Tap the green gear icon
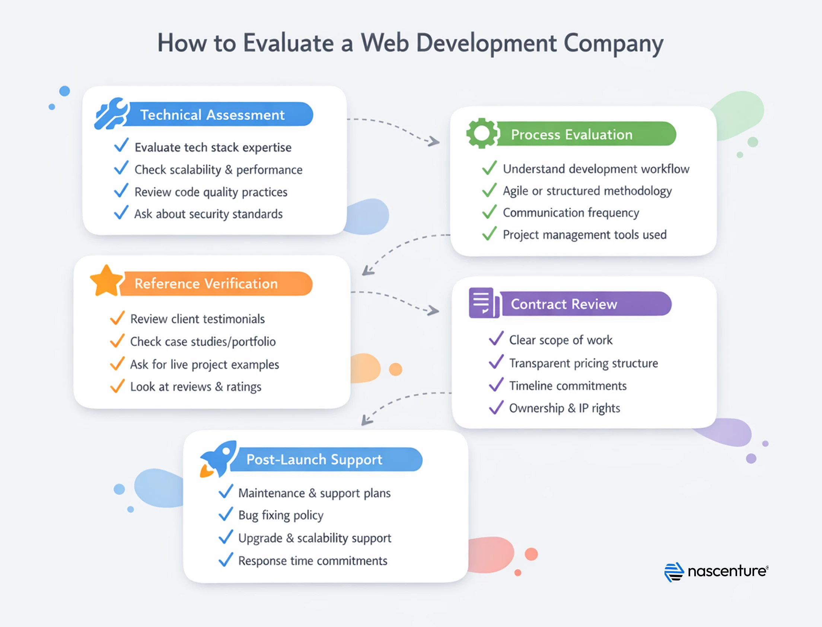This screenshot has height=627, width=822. [481, 133]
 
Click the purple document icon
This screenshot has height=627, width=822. [483, 303]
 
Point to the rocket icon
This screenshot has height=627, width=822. [219, 459]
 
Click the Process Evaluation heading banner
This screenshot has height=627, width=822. [586, 134]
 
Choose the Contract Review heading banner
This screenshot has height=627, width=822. [586, 304]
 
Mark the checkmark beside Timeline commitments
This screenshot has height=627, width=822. [496, 384]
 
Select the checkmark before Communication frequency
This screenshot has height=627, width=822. [489, 212]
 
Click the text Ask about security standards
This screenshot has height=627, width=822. [208, 214]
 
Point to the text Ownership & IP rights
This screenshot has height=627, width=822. [564, 408]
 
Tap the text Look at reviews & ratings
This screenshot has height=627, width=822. [195, 387]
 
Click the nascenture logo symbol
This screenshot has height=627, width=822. [673, 572]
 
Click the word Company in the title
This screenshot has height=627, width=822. [613, 43]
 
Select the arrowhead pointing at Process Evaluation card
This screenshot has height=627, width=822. [434, 142]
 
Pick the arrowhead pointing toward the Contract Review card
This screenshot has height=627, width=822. [433, 310]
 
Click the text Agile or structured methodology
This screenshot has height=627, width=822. [587, 191]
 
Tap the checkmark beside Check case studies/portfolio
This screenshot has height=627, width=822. [117, 341]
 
